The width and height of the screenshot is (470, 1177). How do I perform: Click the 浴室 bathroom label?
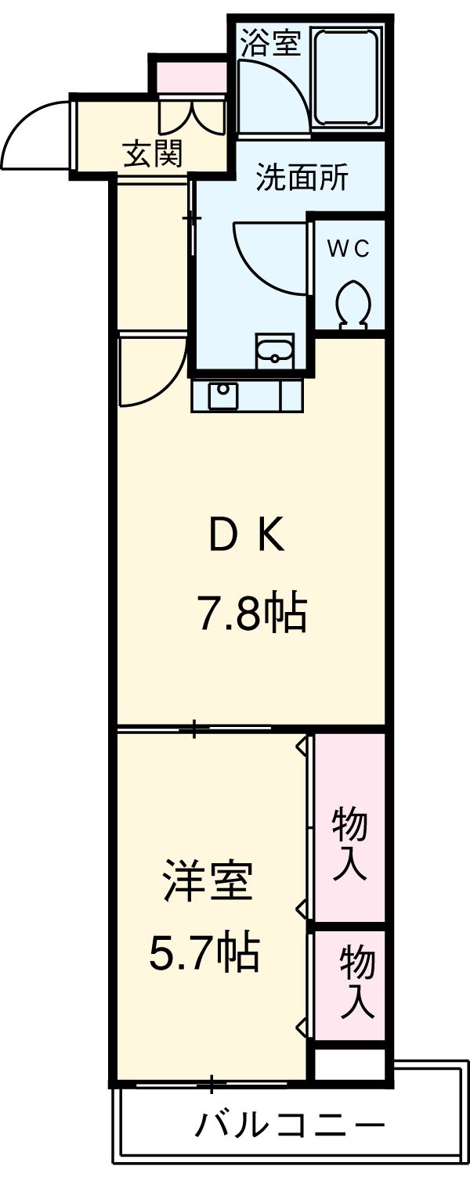click(x=269, y=44)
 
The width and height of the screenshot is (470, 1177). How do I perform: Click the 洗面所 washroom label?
click(x=302, y=179)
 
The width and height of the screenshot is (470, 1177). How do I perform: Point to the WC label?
click(x=348, y=249)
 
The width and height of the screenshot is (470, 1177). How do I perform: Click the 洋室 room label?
click(x=208, y=883)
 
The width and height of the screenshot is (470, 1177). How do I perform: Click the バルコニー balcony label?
click(x=290, y=1127)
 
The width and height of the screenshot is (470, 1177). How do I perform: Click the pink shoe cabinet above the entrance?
click(x=191, y=76)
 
